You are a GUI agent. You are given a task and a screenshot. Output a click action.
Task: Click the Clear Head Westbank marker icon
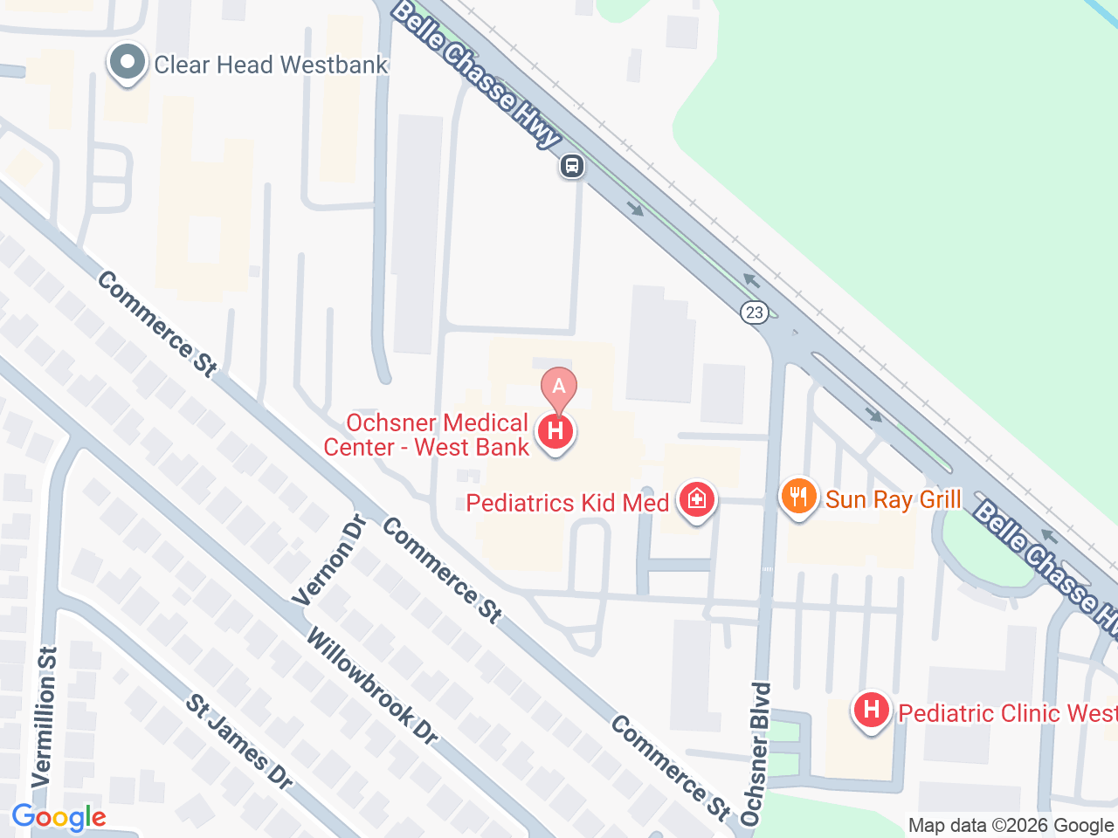[128, 64]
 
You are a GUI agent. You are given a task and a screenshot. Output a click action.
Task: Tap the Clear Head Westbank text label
[271, 65]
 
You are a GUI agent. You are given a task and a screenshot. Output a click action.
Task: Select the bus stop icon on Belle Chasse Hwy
[572, 165]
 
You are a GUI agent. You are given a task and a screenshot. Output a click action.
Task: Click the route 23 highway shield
[755, 312]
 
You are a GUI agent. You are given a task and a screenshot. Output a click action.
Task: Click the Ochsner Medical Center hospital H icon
[556, 431]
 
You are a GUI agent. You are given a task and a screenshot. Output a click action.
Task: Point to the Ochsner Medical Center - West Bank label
[427, 435]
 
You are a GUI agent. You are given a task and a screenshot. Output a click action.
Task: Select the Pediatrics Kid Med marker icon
[696, 500]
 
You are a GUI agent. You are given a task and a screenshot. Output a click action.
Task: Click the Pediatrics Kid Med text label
[568, 503]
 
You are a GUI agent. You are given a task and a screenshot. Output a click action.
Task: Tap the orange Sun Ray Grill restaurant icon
[798, 497]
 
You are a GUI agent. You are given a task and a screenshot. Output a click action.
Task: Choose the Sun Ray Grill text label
[893, 499]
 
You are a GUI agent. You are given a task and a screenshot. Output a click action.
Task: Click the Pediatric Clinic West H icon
[871, 711]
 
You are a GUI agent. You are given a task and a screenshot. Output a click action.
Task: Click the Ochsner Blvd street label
[757, 753]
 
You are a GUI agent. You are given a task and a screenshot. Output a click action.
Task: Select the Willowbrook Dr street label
[372, 687]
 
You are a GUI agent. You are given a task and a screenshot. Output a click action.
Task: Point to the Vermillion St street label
[45, 716]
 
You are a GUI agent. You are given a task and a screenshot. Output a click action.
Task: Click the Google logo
[59, 818]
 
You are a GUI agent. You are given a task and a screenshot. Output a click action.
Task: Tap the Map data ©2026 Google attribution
[1011, 825]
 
